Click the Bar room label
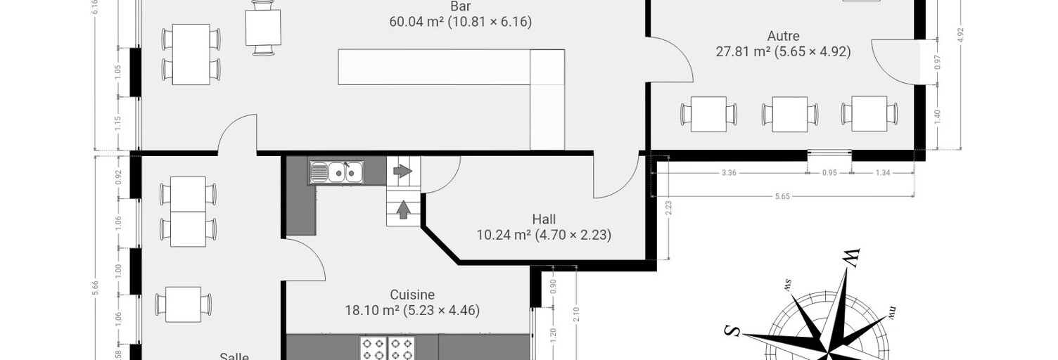click(x=461, y=6)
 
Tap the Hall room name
click(x=544, y=219)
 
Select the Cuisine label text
click(x=412, y=295)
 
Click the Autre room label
click(x=784, y=36)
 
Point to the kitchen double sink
click(x=337, y=172)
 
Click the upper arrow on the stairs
click(x=403, y=171)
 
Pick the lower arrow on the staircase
click(x=402, y=210)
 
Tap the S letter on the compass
click(x=732, y=332)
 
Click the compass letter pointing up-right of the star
click(x=852, y=257)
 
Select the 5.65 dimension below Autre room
click(x=782, y=196)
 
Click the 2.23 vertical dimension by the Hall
click(x=668, y=208)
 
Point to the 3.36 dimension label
click(x=729, y=173)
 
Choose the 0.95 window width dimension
click(x=829, y=173)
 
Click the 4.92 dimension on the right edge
click(x=960, y=35)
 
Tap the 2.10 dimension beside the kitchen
click(x=576, y=314)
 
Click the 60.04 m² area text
click(x=416, y=22)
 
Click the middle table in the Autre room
click(x=790, y=115)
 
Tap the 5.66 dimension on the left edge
click(x=96, y=288)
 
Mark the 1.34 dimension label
click(x=883, y=173)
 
